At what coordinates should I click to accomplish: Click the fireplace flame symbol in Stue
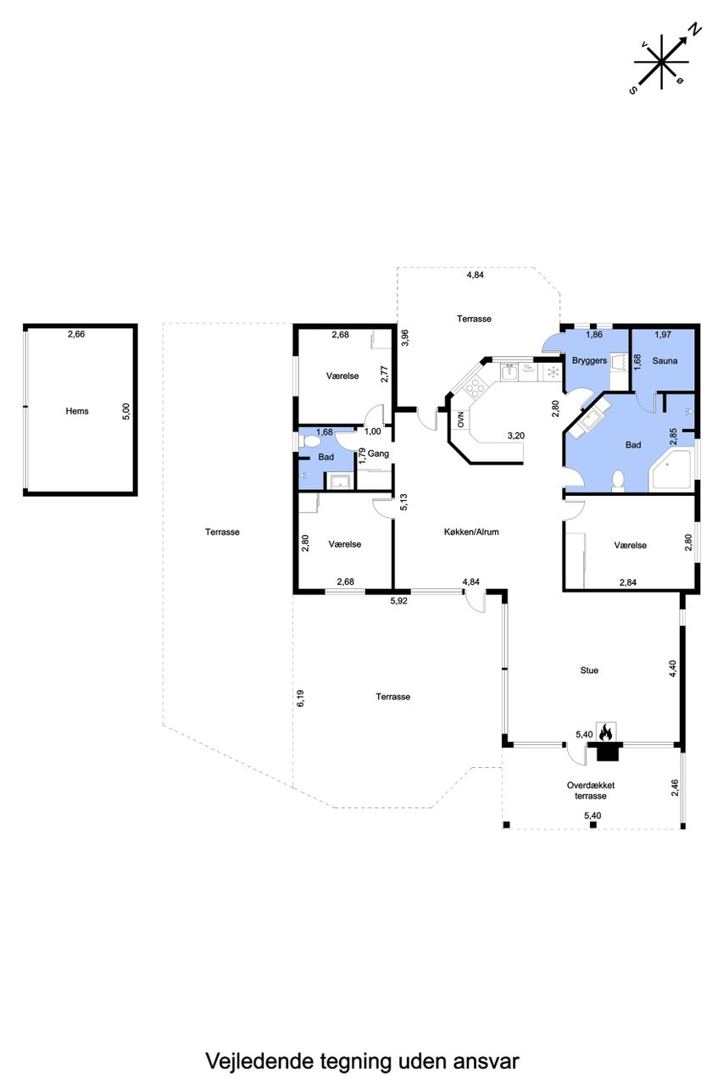(x=605, y=732)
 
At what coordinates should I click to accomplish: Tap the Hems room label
(x=77, y=411)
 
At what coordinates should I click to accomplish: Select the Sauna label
(x=665, y=361)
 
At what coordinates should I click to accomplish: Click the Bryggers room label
(x=589, y=361)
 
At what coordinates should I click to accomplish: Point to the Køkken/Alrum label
(x=471, y=531)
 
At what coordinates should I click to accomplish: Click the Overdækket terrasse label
(x=591, y=790)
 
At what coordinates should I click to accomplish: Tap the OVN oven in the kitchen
(x=460, y=420)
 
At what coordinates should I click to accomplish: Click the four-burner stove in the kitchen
(x=474, y=386)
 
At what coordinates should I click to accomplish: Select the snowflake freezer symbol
(x=552, y=372)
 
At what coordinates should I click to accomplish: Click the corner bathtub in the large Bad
(x=672, y=470)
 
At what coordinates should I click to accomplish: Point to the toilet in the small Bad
(x=309, y=442)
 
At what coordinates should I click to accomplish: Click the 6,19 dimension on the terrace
(x=301, y=699)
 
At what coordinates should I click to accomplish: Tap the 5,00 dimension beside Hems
(x=126, y=411)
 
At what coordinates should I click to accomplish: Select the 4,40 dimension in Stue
(x=673, y=669)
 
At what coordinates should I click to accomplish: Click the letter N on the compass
(x=696, y=30)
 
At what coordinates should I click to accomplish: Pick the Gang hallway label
(x=378, y=453)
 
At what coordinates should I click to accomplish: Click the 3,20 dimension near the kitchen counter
(x=515, y=436)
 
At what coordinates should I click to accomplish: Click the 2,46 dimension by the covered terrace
(x=676, y=788)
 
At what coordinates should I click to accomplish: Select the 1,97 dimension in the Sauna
(x=663, y=334)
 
